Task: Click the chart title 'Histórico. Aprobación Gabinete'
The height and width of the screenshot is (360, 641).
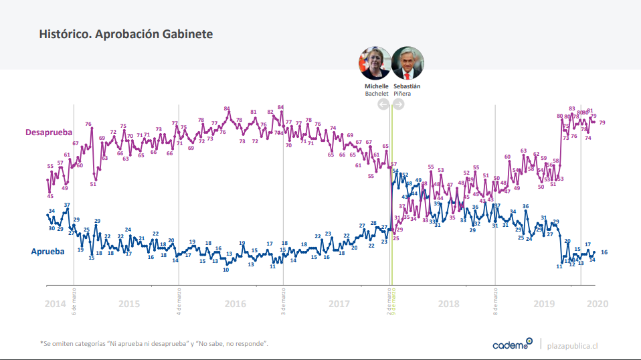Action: pos(126,33)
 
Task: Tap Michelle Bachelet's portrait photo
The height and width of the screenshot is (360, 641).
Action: pos(375,64)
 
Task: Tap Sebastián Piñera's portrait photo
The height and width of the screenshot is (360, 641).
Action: pos(407,64)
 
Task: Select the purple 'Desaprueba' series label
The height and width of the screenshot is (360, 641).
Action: pos(49,132)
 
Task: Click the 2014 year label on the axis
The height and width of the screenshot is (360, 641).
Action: pos(56,303)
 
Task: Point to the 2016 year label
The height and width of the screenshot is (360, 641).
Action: pos(236,303)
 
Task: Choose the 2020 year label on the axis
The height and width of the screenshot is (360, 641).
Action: pos(597,303)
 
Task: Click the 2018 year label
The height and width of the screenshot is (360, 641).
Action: pos(448,303)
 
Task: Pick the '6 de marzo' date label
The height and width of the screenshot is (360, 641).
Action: pos(74,302)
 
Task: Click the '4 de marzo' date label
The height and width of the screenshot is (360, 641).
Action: pos(179,302)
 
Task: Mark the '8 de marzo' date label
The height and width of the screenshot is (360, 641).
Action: pos(495,302)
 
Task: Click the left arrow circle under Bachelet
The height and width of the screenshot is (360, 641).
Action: pos(383,104)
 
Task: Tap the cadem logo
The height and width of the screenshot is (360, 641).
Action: pos(512,344)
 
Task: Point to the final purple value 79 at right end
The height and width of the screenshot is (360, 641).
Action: pos(602,122)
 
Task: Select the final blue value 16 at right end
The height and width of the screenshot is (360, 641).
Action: pos(604,252)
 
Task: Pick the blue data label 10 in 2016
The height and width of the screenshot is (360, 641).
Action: pos(226,270)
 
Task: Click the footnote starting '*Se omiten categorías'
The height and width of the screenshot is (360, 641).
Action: pos(154,344)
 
